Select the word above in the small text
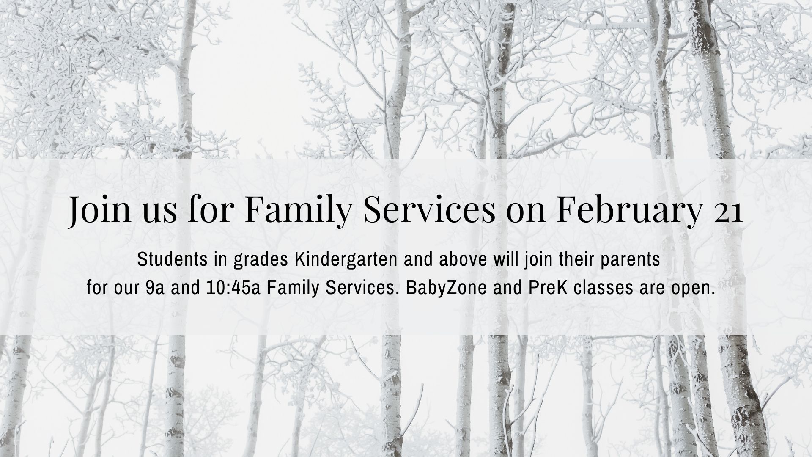tap(463, 260)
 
